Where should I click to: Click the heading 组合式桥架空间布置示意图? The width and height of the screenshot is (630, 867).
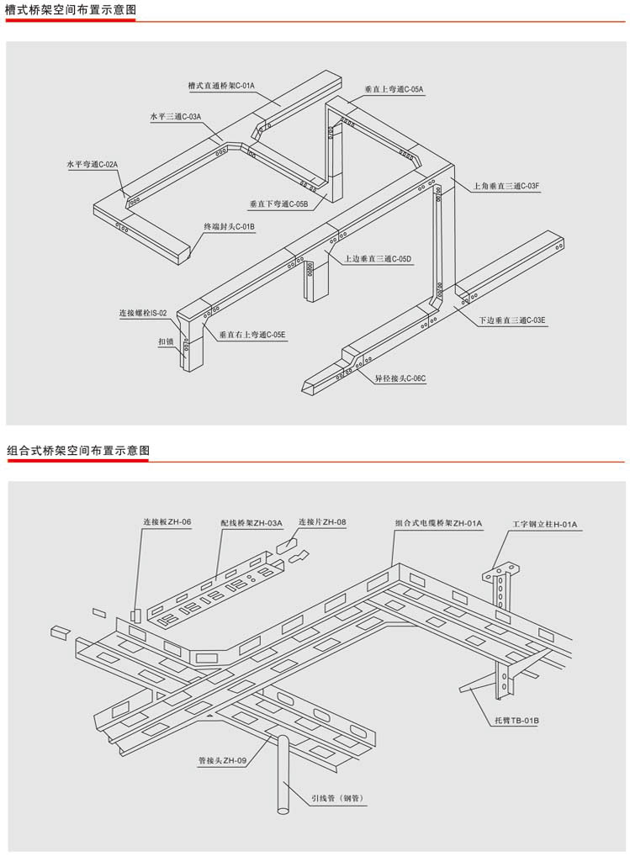[x=77, y=451]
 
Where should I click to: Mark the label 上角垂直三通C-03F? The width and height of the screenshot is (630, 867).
[x=506, y=185]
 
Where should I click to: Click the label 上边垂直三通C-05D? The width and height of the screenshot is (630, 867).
[x=378, y=259]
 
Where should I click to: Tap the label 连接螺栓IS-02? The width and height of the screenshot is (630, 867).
[x=143, y=313]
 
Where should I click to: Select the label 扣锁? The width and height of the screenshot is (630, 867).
[x=167, y=342]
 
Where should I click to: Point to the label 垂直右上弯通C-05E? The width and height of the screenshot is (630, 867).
[x=252, y=335]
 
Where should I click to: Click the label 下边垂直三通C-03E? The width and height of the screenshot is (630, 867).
[x=512, y=320]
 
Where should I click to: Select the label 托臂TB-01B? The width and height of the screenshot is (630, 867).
[x=512, y=721]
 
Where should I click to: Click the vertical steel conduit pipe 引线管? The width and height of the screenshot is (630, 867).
[x=283, y=774]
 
